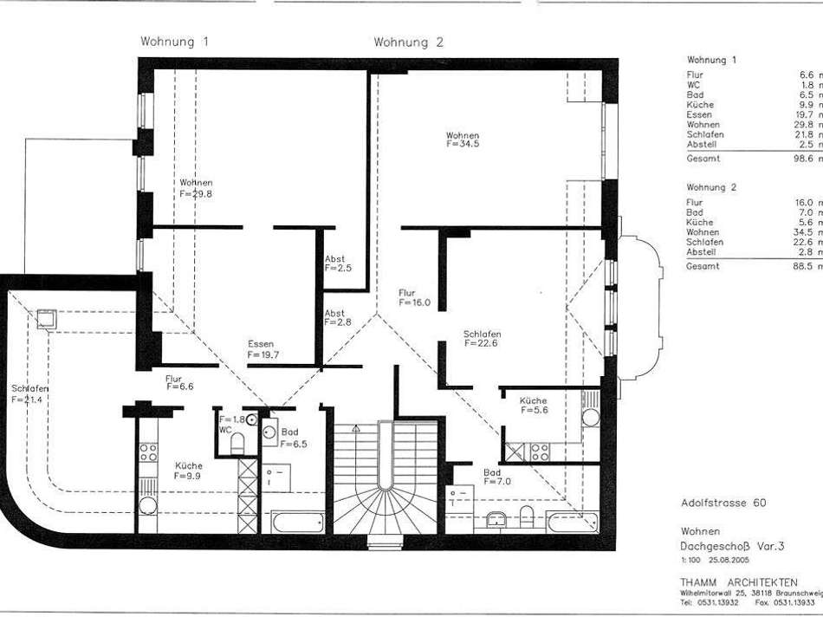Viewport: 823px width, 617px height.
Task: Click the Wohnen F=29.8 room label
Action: [196, 188]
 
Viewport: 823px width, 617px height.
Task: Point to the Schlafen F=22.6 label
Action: [483, 339]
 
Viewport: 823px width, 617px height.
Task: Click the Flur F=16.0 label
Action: [413, 298]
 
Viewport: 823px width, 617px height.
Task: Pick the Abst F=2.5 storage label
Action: [334, 264]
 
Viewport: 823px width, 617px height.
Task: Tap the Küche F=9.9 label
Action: [188, 471]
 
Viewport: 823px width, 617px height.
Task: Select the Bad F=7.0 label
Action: [493, 477]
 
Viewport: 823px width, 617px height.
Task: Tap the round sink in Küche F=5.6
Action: [591, 417]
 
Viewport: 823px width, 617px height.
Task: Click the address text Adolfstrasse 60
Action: [723, 503]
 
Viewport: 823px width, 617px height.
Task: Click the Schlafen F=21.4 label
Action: [29, 393]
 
